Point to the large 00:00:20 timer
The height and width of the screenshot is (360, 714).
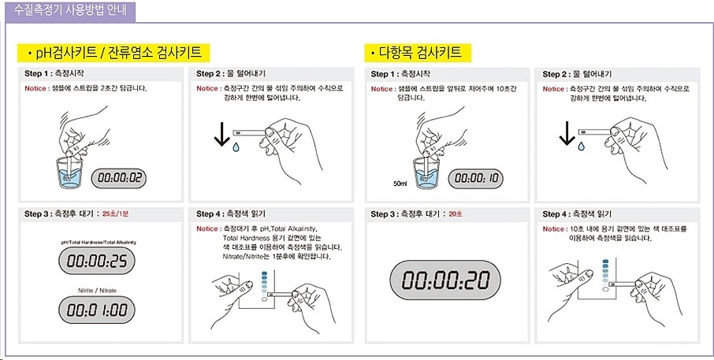click(x=445, y=280)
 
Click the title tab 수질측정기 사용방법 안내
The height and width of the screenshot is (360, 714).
click(x=69, y=11)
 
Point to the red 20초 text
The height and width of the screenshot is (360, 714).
click(x=456, y=213)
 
